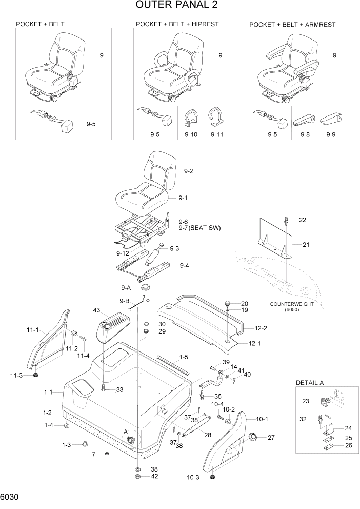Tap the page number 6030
point(11,498)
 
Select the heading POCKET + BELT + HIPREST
point(177,24)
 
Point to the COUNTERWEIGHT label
point(291,304)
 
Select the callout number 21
point(306,245)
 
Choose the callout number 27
point(271,437)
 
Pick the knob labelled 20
point(228,304)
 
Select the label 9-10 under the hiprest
point(190,135)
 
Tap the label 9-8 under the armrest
point(304,135)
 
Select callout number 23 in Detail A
point(305,402)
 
